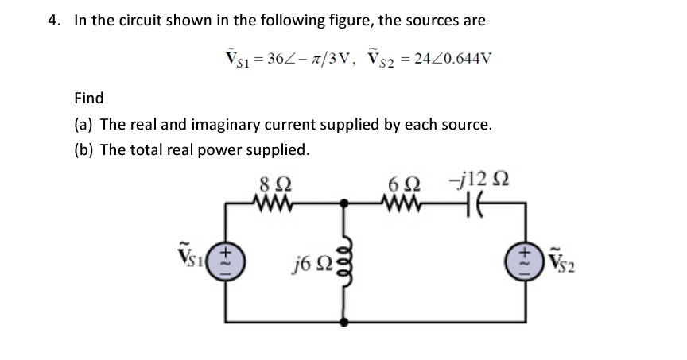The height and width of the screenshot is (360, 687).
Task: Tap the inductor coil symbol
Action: click(344, 261)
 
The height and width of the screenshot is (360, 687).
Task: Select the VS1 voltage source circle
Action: click(224, 262)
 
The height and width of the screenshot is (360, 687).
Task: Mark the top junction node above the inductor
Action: click(344, 203)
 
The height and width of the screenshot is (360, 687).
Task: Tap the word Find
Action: click(88, 98)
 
